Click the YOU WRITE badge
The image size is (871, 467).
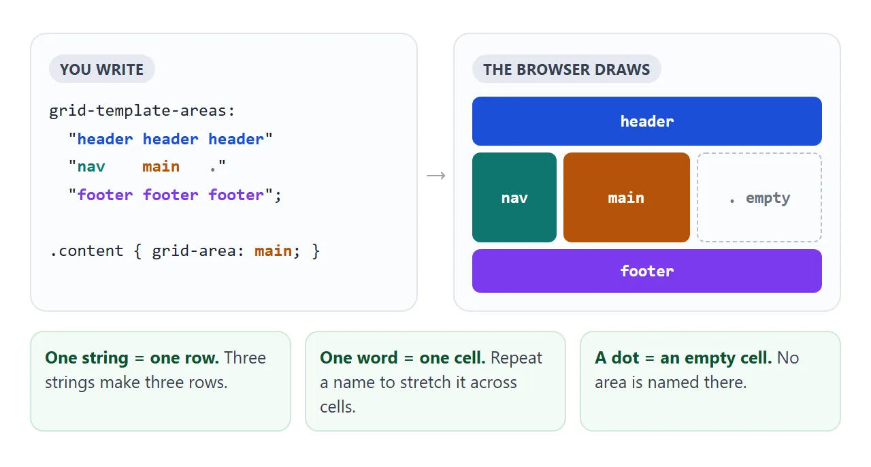click(102, 69)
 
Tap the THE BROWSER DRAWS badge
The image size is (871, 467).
click(567, 69)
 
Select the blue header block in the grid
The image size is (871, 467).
click(647, 121)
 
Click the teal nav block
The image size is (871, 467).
click(514, 197)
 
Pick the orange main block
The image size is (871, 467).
click(627, 197)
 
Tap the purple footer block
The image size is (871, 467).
click(647, 271)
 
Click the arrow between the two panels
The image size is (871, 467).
click(436, 176)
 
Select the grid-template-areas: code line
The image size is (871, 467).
click(142, 111)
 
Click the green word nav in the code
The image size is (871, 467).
click(91, 167)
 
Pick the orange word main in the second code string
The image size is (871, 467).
click(161, 167)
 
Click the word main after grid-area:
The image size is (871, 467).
click(273, 251)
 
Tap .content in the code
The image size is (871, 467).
click(86, 251)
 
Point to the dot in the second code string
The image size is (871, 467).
click(213, 170)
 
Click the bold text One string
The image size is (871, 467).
click(86, 358)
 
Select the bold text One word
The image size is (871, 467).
click(359, 358)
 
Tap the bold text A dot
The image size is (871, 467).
click(617, 358)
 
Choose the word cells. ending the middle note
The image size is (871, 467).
click(338, 407)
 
